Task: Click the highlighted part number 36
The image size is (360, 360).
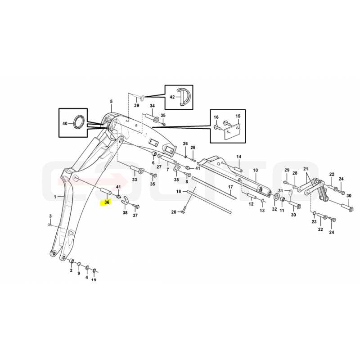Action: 107,202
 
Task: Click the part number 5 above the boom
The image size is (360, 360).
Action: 111,101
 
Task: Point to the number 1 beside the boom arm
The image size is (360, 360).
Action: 55,197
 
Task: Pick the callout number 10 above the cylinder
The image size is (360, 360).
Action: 255,170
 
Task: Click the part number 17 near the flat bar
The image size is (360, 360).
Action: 230,187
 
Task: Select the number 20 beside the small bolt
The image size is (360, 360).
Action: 174,212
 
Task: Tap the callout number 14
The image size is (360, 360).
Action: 239,157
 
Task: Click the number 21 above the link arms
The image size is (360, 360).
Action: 306,169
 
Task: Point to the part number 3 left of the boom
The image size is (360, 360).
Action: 50,216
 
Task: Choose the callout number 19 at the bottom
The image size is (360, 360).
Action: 94,279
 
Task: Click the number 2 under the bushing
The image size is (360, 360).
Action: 71,270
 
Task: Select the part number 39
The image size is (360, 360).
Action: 137,105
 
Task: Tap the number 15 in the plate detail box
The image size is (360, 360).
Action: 238,116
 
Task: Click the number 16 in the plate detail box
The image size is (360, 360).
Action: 216,117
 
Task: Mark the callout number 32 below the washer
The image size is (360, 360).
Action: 274,209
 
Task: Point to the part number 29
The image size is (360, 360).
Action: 287,170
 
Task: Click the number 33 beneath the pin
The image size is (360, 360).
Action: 134,180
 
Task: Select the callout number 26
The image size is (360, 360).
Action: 185,144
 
